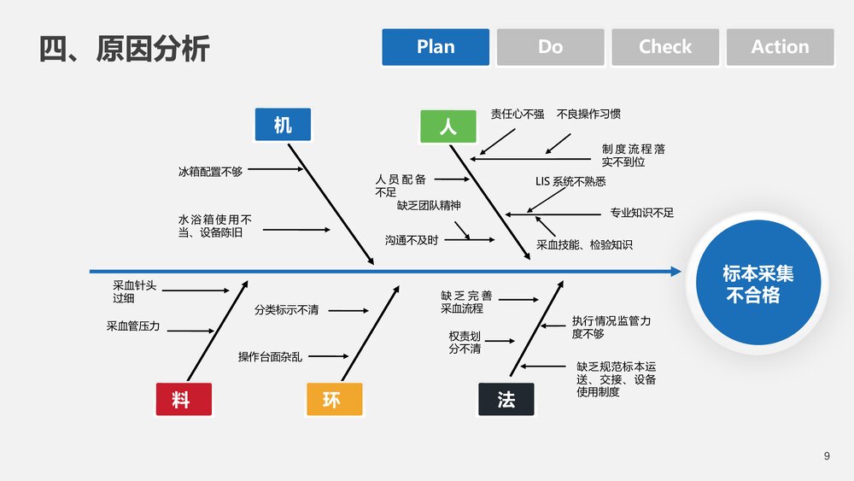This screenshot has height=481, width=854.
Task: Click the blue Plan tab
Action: (x=436, y=47)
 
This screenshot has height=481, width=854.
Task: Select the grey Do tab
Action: (x=550, y=47)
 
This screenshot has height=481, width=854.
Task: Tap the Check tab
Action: (x=665, y=47)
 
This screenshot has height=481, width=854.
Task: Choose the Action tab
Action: (x=780, y=47)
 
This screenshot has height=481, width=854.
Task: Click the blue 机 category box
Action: (x=283, y=126)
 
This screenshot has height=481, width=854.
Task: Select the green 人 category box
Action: (x=447, y=126)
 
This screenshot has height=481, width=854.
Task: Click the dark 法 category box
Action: (x=506, y=399)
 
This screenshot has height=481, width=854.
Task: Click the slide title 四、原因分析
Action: (x=125, y=49)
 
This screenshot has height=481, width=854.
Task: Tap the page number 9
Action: (x=827, y=456)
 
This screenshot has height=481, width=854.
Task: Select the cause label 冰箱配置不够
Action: (x=210, y=172)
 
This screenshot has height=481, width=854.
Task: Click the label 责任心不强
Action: (x=518, y=114)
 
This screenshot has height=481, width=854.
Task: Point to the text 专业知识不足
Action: (x=641, y=213)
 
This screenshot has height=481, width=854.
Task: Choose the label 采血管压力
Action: (x=133, y=326)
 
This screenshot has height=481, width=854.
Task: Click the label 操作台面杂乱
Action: (x=270, y=357)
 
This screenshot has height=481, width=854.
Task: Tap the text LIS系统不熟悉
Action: (x=570, y=181)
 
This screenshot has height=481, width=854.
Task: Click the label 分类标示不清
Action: (x=286, y=310)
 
